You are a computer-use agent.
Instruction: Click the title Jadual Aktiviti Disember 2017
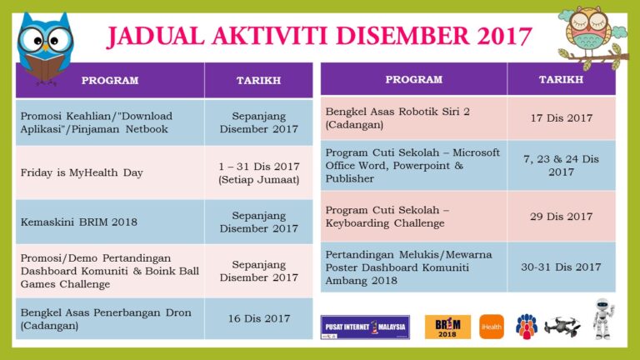click(x=319, y=36)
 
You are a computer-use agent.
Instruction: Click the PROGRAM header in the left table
click(x=109, y=81)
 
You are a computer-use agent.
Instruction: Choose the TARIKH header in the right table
click(x=561, y=79)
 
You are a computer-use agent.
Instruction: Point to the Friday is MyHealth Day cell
click(x=109, y=172)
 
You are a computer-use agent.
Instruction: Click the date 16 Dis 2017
click(x=258, y=318)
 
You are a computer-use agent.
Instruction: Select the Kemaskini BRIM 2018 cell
click(x=109, y=222)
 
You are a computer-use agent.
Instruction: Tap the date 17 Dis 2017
click(x=561, y=117)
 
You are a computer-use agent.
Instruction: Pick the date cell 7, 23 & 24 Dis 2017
click(x=561, y=165)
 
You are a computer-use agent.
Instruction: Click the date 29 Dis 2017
click(x=561, y=216)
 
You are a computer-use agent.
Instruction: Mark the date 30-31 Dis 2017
click(x=561, y=267)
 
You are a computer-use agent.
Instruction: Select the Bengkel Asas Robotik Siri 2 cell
click(x=413, y=117)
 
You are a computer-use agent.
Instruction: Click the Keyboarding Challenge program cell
click(x=413, y=216)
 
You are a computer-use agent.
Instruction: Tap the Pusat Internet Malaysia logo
click(x=365, y=327)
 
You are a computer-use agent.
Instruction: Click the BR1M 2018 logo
click(x=447, y=327)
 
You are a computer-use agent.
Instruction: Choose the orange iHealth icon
click(x=492, y=327)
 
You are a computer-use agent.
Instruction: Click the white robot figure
click(x=602, y=319)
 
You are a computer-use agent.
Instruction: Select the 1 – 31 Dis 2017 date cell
click(x=258, y=172)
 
